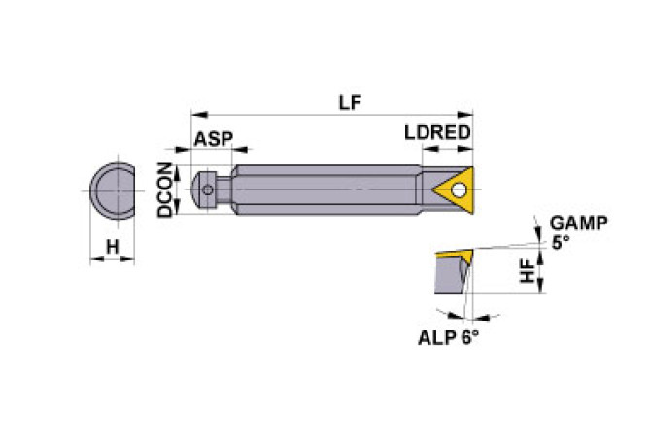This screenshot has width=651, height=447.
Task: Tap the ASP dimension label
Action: tap(213, 139)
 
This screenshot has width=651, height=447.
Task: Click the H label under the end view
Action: tap(112, 248)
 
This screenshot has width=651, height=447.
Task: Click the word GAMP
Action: tap(579, 223)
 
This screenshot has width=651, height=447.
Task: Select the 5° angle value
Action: tap(561, 243)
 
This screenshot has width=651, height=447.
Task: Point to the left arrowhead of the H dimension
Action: tap(93, 259)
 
